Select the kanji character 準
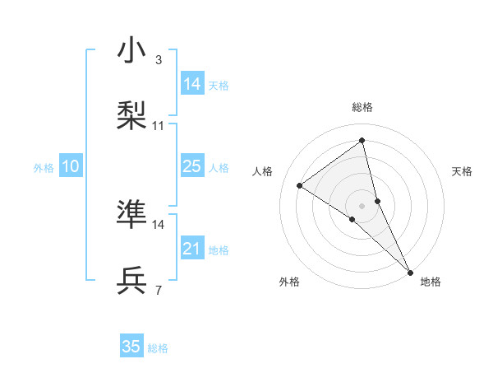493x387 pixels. [132, 213]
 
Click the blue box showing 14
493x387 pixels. [192, 84]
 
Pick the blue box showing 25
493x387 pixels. [192, 166]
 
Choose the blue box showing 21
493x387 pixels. [192, 249]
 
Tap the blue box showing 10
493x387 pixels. [71, 166]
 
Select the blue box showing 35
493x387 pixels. [131, 347]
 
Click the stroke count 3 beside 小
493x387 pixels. [159, 59]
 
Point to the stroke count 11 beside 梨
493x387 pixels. [159, 126]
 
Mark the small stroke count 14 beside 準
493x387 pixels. [159, 224]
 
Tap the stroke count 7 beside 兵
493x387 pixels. [159, 290]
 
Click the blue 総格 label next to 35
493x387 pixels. [158, 348]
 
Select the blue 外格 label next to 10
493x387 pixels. [44, 168]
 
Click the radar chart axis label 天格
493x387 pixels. [462, 171]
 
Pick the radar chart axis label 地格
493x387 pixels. [431, 282]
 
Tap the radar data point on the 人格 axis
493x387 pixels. [300, 185]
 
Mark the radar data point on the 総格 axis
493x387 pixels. [362, 140]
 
